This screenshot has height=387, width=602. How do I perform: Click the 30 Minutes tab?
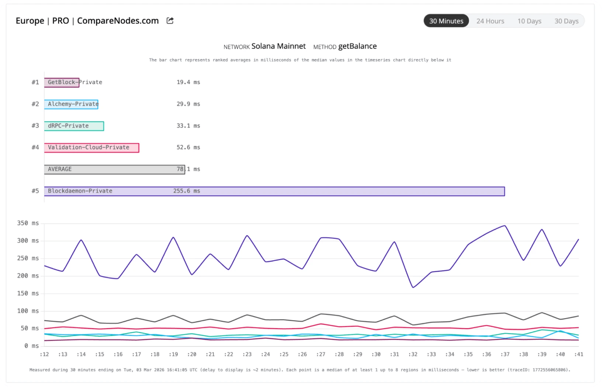(x=446, y=21)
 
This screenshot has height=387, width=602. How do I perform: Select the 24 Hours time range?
(x=490, y=21)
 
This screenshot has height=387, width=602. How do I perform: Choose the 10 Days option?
(x=529, y=21)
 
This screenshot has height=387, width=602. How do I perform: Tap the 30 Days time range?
(x=566, y=21)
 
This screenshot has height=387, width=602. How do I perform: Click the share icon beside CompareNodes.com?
(x=170, y=21)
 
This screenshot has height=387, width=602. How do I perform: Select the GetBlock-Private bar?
(x=62, y=82)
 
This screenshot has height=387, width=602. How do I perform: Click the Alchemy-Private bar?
(x=71, y=104)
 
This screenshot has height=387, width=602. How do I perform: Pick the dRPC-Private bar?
(x=74, y=126)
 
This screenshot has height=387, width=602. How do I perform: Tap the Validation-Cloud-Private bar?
(x=91, y=147)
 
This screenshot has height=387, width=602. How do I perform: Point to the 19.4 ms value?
(x=188, y=82)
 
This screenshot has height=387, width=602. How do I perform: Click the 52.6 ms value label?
(x=188, y=147)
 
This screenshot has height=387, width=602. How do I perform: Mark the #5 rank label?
(x=35, y=191)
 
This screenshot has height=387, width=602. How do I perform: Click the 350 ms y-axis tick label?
(x=28, y=223)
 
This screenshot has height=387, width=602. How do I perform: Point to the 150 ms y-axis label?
(x=28, y=293)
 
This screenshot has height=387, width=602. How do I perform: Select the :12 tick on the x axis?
(x=44, y=354)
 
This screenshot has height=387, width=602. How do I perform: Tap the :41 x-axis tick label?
(x=578, y=354)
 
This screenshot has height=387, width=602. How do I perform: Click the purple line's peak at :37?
(x=505, y=226)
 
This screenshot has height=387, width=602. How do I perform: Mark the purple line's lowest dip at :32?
(x=413, y=287)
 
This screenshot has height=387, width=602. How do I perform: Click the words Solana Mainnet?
(x=278, y=46)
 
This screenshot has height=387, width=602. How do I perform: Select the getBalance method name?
(x=357, y=46)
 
